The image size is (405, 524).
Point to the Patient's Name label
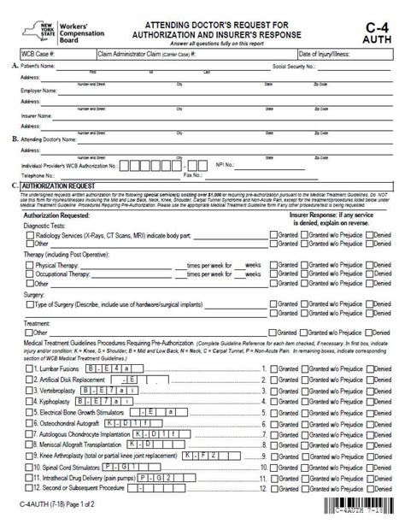click(x=38, y=66)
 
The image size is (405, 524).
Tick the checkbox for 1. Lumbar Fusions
click(x=28, y=368)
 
